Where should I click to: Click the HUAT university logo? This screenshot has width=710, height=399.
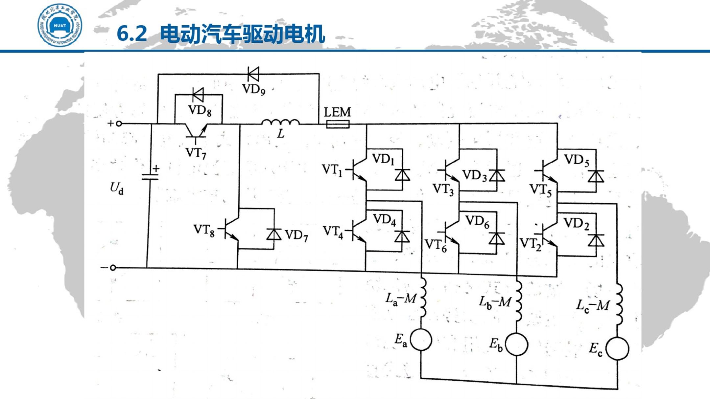click(x=60, y=25)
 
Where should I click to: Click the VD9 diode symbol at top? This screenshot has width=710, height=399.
click(x=253, y=74)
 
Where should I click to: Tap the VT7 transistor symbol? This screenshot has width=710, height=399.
click(x=197, y=131)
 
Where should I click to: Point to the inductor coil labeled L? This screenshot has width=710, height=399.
click(x=280, y=123)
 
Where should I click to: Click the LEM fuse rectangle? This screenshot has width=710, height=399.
click(x=338, y=124)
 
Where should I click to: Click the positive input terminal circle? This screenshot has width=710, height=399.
click(x=119, y=123)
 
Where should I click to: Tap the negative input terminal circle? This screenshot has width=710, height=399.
click(x=113, y=268)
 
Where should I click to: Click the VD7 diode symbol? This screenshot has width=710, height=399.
click(x=274, y=234)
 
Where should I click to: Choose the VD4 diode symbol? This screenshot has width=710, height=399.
click(x=402, y=236)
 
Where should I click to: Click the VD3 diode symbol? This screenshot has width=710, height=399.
click(x=497, y=176)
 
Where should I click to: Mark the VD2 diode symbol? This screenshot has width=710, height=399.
click(x=596, y=241)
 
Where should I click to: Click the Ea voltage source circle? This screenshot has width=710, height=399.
click(x=421, y=340)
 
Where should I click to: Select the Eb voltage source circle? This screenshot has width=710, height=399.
click(x=516, y=344)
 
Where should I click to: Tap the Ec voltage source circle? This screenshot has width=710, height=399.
click(x=617, y=349)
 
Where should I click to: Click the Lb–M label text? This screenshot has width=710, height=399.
click(x=495, y=302)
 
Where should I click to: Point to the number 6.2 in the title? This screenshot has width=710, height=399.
click(x=132, y=33)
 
